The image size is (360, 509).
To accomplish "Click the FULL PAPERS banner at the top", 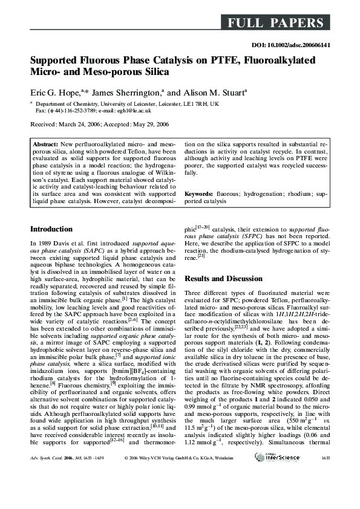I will coord(275,24).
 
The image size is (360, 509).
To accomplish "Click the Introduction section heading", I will coord(51,229).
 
